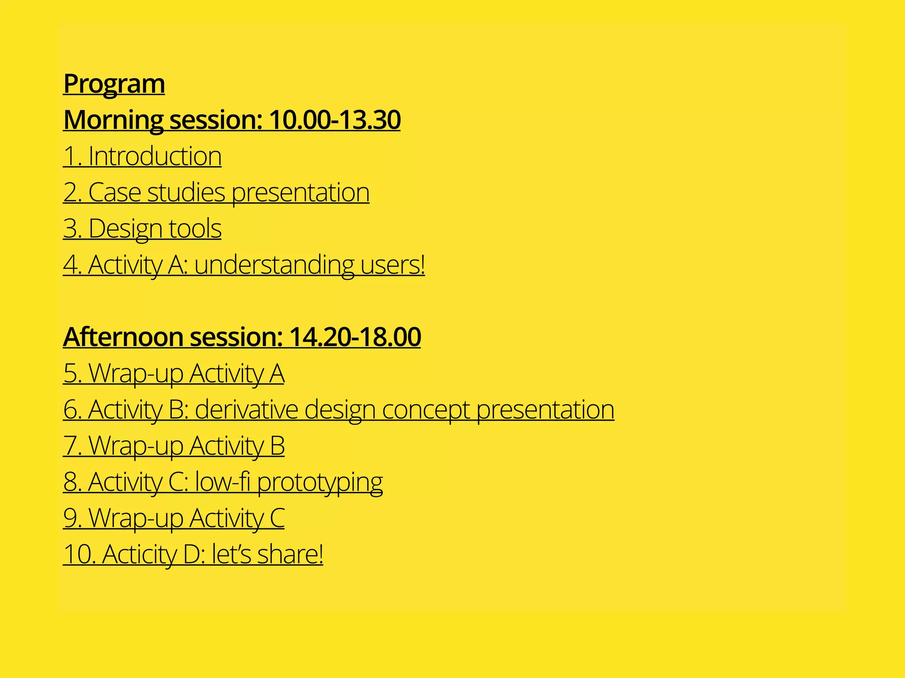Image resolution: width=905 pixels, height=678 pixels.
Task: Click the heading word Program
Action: point(114,84)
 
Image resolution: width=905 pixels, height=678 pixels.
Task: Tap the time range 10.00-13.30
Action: point(335,120)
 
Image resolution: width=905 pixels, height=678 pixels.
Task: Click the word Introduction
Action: point(155,156)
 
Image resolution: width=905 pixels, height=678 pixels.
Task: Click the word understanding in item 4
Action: point(274,265)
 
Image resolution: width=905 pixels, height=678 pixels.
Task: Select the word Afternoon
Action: point(123,337)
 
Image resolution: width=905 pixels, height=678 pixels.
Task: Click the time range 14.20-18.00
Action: point(355,337)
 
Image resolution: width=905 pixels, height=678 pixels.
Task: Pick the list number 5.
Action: point(72,373)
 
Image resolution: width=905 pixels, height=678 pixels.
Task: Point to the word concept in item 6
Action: point(426,410)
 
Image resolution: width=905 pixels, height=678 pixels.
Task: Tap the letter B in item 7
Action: point(278,446)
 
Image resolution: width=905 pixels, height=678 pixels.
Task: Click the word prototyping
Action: point(320,482)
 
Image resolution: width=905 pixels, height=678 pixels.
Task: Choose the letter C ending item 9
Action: point(278,518)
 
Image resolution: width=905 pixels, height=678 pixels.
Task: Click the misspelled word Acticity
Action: point(140,554)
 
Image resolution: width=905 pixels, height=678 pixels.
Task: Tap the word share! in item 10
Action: point(290,554)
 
